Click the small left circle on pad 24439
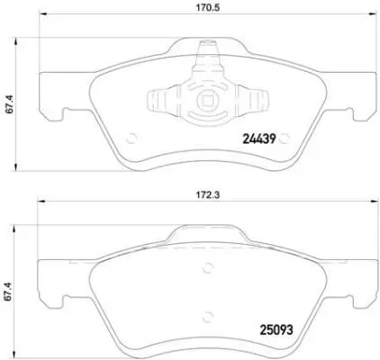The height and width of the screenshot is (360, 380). pyautogui.click(x=131, y=138)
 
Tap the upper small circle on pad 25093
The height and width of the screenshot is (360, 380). pyautogui.click(x=209, y=265)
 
